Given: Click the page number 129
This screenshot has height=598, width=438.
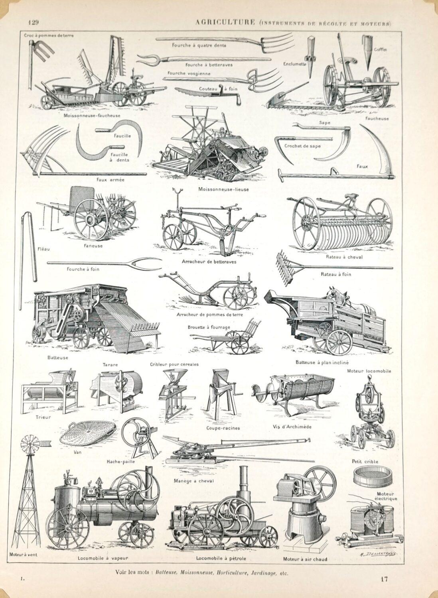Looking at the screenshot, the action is pos(34,22).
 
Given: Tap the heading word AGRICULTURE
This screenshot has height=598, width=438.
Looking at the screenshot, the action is pos(225,22).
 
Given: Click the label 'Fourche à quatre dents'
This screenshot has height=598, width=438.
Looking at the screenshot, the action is pos(199,45).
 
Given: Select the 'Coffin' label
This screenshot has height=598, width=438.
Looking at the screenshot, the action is pos(380,49).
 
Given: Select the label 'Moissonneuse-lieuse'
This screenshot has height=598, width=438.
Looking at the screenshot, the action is pos(223,189).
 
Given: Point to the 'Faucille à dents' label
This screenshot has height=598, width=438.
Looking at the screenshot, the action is pos(120,157).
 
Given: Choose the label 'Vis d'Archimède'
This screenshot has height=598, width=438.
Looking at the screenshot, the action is pos(292,426).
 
